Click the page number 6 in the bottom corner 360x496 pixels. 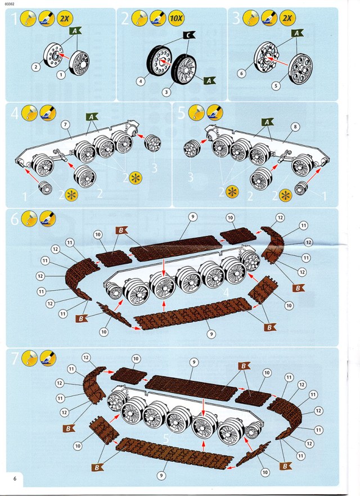point(13,478)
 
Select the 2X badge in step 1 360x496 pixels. point(64,19)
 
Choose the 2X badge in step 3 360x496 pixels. point(288,19)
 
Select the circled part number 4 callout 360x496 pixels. point(141,82)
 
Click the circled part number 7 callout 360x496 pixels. point(65,124)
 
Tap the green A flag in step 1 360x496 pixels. point(75,32)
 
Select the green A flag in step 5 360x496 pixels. point(268,122)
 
